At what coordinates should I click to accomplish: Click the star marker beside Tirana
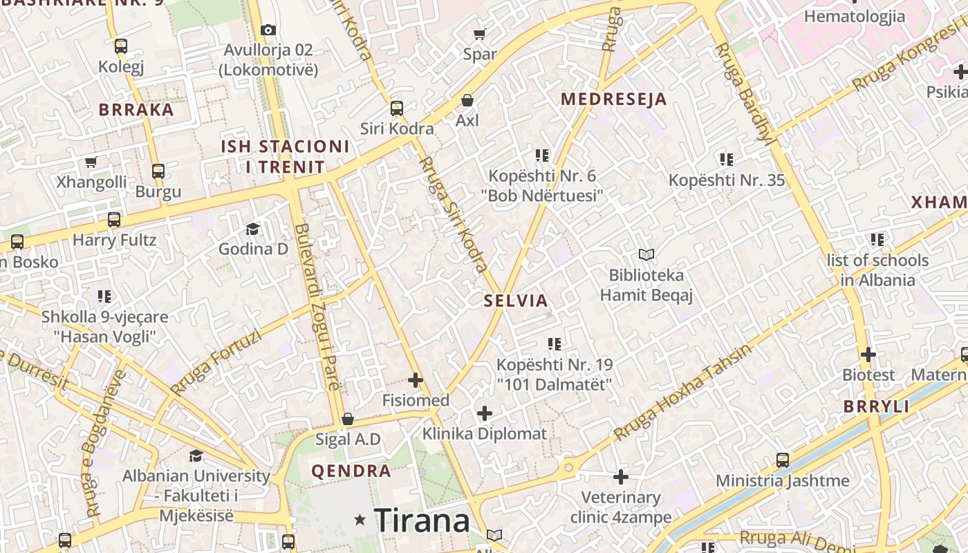coord(360,519)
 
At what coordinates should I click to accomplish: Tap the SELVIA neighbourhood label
coord(516,301)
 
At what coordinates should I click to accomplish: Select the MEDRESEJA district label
coord(614,99)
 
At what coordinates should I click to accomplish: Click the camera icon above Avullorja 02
coord(268,30)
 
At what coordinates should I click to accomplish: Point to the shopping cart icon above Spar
coord(480,34)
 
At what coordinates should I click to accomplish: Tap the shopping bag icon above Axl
coord(467,100)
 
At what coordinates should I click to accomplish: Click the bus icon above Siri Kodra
coord(397,109)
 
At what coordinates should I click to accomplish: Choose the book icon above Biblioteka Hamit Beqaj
coord(646,255)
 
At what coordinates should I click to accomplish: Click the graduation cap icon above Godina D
coord(253,229)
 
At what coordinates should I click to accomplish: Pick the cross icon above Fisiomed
coord(416,380)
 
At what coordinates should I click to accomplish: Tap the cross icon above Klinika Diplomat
coord(485,414)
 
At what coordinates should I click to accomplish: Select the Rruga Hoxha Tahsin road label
coord(682,392)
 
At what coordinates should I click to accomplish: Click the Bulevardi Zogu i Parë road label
coord(317,307)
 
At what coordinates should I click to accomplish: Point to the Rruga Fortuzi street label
coord(216,362)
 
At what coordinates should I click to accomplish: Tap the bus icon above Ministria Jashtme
coord(783,460)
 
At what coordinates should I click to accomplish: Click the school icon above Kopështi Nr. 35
coord(726,160)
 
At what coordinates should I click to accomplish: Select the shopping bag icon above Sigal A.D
coord(348,420)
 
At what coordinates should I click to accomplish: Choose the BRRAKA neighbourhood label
coord(136,110)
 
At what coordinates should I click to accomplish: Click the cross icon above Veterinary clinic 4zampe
coord(621,477)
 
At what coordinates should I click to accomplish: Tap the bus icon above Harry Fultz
coord(114,221)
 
